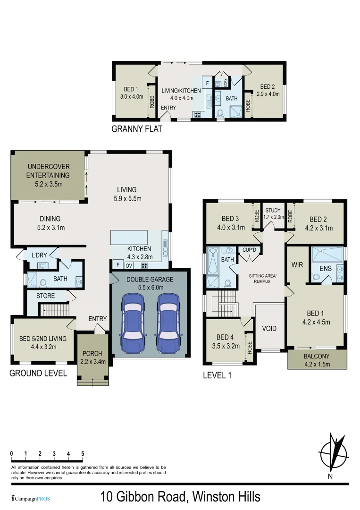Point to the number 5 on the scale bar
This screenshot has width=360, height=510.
[83, 454]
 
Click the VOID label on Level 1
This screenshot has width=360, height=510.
[269, 328]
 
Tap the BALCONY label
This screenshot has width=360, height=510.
[317, 356]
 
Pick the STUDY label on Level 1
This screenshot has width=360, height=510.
[273, 211]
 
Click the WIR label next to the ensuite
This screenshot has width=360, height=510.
[297, 265]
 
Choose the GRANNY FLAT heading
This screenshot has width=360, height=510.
[136, 129]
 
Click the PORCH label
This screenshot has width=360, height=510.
[92, 354]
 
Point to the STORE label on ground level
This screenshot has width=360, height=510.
[46, 296]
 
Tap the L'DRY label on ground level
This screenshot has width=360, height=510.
[39, 255]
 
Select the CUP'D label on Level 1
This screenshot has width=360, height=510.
[249, 250]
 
